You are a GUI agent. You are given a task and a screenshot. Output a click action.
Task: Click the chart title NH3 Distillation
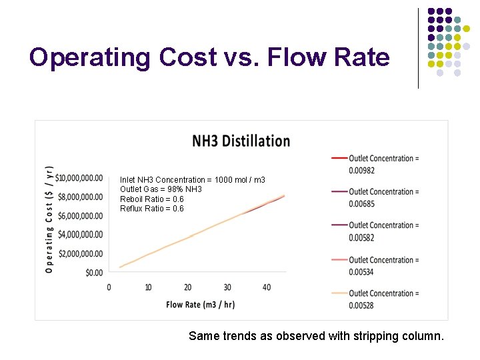pos(241,141)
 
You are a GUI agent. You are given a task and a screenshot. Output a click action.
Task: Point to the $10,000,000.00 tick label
pos(79,178)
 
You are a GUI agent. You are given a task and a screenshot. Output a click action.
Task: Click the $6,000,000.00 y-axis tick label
pos(81,216)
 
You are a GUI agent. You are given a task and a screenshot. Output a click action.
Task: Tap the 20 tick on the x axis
pos(188,287)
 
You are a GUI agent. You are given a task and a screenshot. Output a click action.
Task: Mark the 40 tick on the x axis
pos(267,287)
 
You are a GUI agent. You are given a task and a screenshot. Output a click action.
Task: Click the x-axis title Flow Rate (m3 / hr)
pos(200,305)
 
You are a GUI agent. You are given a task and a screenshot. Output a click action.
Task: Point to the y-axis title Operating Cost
pos(49,219)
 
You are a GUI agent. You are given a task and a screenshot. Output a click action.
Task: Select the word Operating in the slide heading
pos(90,57)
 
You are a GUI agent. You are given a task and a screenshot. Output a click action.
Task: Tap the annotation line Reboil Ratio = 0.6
pos(151,199)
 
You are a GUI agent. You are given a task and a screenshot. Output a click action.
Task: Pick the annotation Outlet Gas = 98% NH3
pos(161,189)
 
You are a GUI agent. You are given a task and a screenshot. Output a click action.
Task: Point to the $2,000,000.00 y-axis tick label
pos(81,254)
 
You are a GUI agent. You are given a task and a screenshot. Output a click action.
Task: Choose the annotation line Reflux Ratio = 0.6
pos(151,209)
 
